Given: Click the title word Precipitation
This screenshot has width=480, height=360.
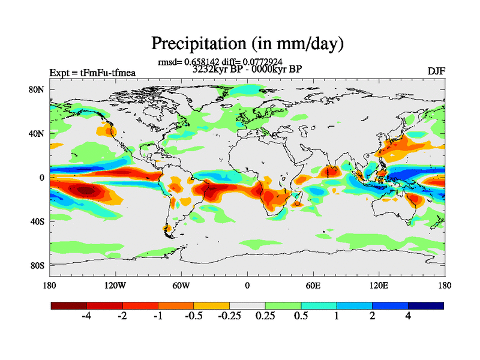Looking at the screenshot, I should coord(196,44).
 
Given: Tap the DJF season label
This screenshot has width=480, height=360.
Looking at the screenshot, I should coord(436,71).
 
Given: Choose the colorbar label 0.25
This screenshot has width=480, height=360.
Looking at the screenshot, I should coord(265,316).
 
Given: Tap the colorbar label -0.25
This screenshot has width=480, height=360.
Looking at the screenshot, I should coord(229,316).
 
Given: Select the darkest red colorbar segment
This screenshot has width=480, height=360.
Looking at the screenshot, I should coord(69,305).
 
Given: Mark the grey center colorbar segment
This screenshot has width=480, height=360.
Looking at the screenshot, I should coord(247,305).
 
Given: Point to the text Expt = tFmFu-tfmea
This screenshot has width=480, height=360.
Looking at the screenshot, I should coord(92,73).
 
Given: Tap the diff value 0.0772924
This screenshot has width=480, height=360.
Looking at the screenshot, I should coord(262,62).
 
